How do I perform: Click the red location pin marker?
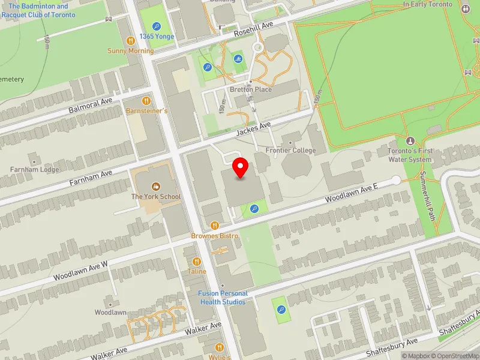(241, 168)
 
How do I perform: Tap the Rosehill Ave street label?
(253, 28)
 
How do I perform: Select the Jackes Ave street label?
(254, 127)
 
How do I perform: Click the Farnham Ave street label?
(91, 176)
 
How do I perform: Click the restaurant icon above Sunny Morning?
(130, 40)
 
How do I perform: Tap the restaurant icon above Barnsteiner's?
(146, 101)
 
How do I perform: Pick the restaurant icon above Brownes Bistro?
(214, 226)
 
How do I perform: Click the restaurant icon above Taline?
(196, 261)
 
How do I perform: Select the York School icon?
(156, 187)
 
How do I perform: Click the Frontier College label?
(290, 151)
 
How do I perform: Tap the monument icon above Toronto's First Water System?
(410, 140)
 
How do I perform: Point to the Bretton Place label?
(251, 89)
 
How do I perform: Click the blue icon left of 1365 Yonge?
(157, 26)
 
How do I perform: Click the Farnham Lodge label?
(34, 170)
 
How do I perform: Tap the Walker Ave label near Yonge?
(204, 329)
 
